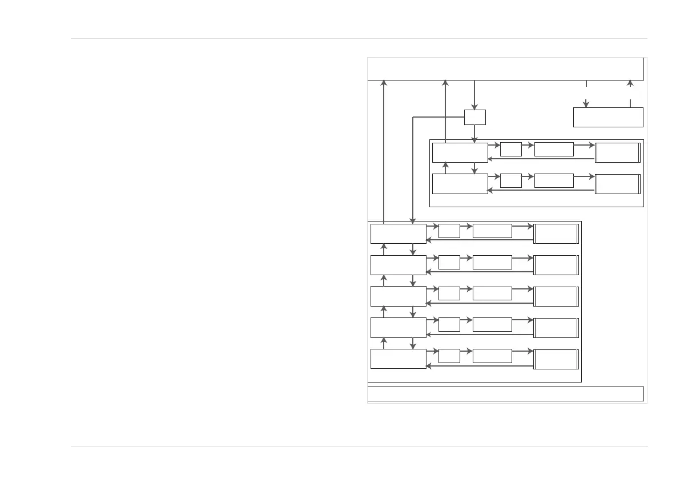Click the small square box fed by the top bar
474,116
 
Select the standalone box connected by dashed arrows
608,117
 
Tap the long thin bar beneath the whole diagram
506,394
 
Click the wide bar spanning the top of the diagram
506,69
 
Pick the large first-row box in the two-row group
460,152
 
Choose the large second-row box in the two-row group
460,184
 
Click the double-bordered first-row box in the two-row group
617,152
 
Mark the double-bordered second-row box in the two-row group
617,184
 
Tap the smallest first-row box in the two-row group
510,150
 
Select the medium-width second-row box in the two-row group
554,181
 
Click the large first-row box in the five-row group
398,234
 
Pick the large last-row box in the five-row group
398,359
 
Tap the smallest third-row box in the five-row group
449,293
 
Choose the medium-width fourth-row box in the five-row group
492,325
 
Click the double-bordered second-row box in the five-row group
556,265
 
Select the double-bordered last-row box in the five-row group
556,359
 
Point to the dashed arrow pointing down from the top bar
586,95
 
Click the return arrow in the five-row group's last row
480,366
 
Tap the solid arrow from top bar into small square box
474,95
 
